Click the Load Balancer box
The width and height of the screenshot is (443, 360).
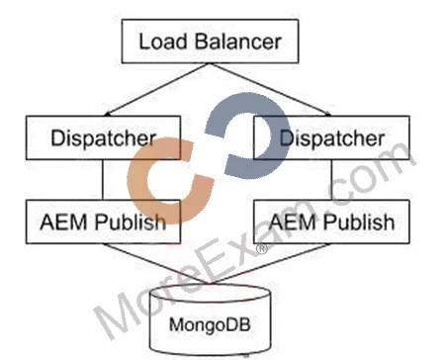click(211, 42)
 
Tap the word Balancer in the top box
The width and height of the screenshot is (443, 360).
click(237, 42)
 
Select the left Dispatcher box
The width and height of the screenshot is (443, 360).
click(103, 137)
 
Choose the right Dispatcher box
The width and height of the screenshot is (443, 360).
click(331, 137)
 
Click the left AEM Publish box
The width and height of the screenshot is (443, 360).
click(103, 222)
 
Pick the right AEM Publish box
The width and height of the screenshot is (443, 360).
click(331, 222)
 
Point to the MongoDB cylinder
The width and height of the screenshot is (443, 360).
click(211, 319)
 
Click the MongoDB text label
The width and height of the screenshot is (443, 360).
click(210, 324)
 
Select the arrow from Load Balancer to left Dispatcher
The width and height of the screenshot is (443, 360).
click(156, 89)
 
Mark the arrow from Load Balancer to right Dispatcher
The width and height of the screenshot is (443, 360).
click(270, 89)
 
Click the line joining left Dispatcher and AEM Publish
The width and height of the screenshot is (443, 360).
click(103, 180)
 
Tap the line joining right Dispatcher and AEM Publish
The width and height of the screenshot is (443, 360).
click(331, 180)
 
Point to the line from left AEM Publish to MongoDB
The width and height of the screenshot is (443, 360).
click(156, 264)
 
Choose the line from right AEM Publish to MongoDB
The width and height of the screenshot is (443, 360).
click(270, 264)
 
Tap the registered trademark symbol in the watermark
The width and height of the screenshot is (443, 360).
click(262, 248)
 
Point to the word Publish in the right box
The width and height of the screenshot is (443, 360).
click(359, 222)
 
